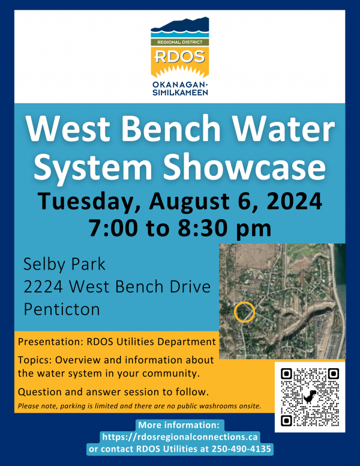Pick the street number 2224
pos(43,287)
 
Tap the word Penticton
pos(62,309)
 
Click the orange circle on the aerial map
pos(244,312)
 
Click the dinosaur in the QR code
pos(310,397)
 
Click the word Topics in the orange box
pos(34,360)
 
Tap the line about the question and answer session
pos(113,392)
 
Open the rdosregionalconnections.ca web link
pos(180,437)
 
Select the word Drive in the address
pos(188,287)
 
